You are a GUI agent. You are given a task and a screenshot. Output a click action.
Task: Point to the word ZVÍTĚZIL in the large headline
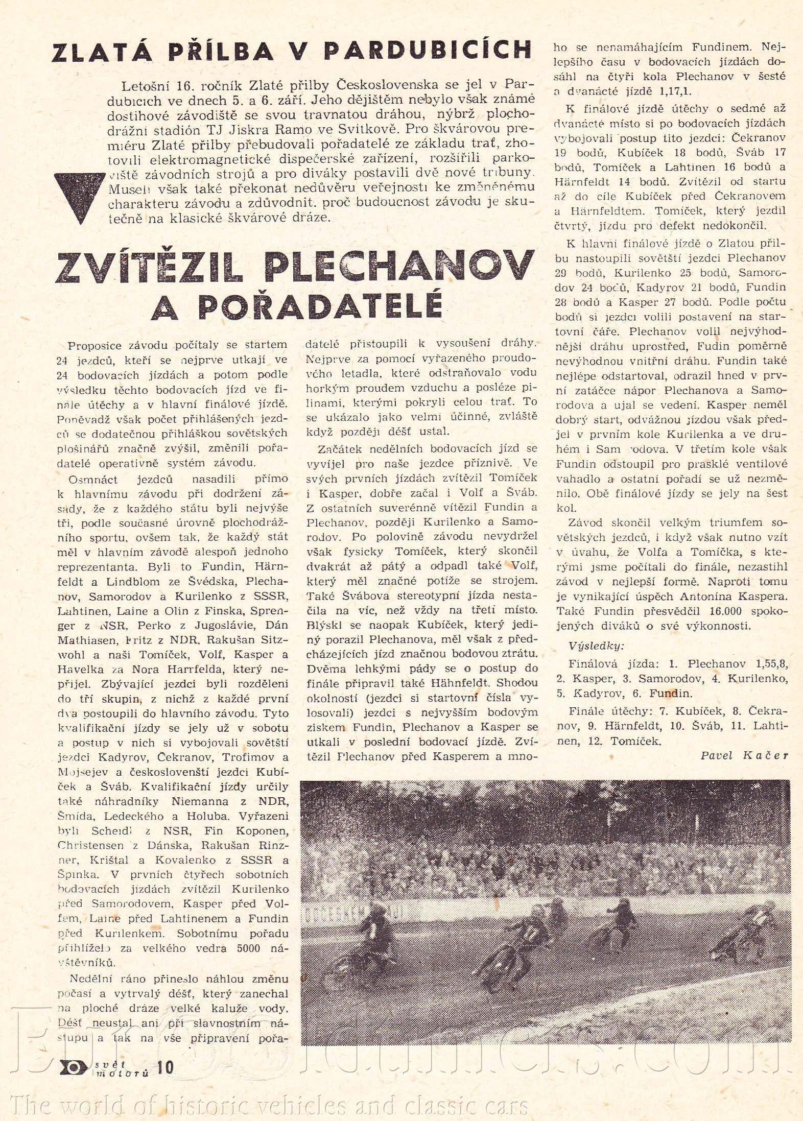[148, 268]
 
